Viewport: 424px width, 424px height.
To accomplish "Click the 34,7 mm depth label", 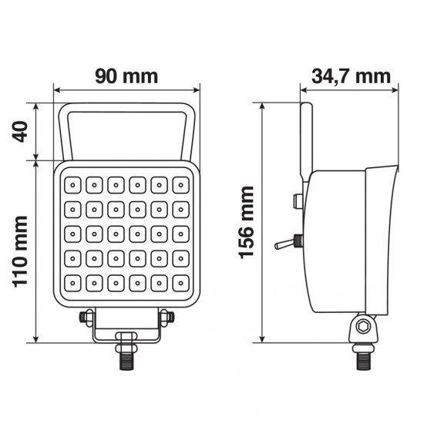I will [x=351, y=76].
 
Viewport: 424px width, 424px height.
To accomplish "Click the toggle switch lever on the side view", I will [x=285, y=245].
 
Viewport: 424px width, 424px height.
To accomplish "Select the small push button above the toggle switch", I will [x=296, y=202].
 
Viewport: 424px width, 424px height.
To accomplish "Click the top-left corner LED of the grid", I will [x=72, y=184].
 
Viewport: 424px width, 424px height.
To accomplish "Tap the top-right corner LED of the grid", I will [x=180, y=184].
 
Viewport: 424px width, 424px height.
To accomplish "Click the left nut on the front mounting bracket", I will [x=87, y=315].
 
